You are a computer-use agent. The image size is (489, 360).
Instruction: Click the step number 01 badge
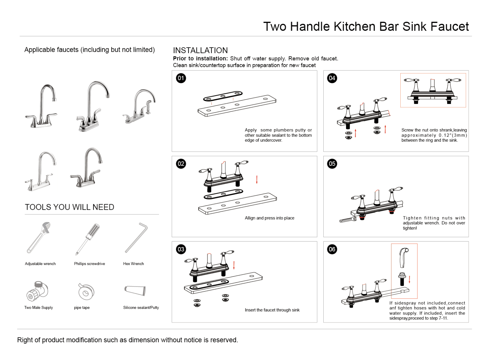click(181, 78)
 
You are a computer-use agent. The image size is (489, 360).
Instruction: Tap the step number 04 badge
click(332, 78)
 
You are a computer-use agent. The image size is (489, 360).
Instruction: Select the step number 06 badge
click(332, 249)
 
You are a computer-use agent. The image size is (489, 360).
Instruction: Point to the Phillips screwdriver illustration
click(88, 239)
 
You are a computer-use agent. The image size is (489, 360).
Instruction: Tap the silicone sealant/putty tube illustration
click(135, 290)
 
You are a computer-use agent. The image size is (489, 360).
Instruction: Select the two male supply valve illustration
click(37, 291)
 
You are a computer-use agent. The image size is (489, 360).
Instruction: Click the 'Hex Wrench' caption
click(133, 264)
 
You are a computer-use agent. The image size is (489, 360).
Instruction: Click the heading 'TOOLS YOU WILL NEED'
click(69, 207)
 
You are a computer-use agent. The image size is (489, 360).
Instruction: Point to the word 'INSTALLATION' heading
click(200, 50)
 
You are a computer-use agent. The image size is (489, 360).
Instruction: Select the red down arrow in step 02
click(257, 180)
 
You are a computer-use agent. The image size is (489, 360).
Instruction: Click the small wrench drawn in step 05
click(348, 220)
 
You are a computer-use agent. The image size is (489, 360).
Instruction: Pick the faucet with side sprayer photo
click(139, 106)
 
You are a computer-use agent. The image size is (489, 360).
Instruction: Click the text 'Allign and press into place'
click(269, 218)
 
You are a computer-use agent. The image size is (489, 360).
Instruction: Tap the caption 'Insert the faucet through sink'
click(272, 310)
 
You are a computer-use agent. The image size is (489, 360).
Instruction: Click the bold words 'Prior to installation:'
click(200, 59)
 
